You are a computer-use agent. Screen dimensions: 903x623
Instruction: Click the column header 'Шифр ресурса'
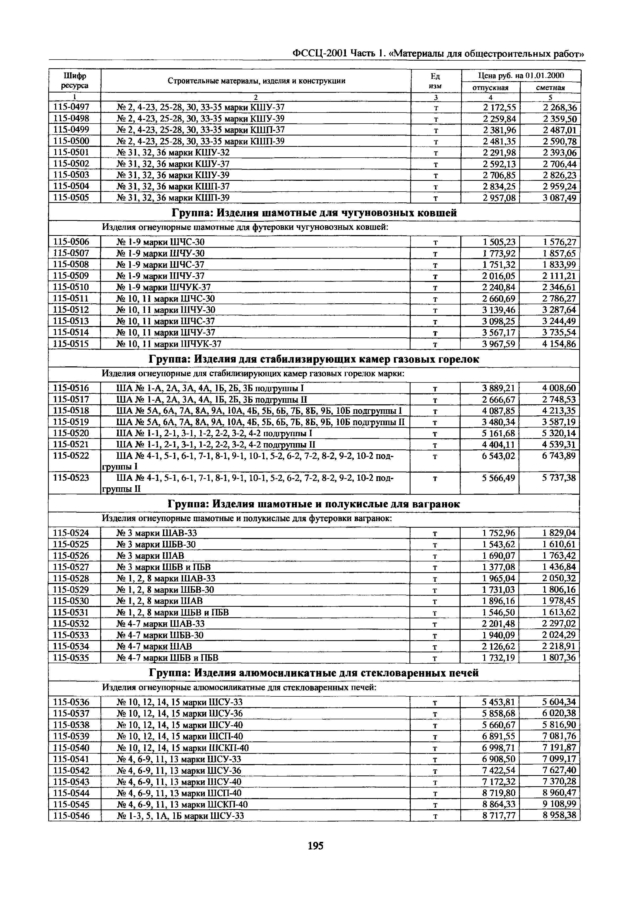(75, 80)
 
